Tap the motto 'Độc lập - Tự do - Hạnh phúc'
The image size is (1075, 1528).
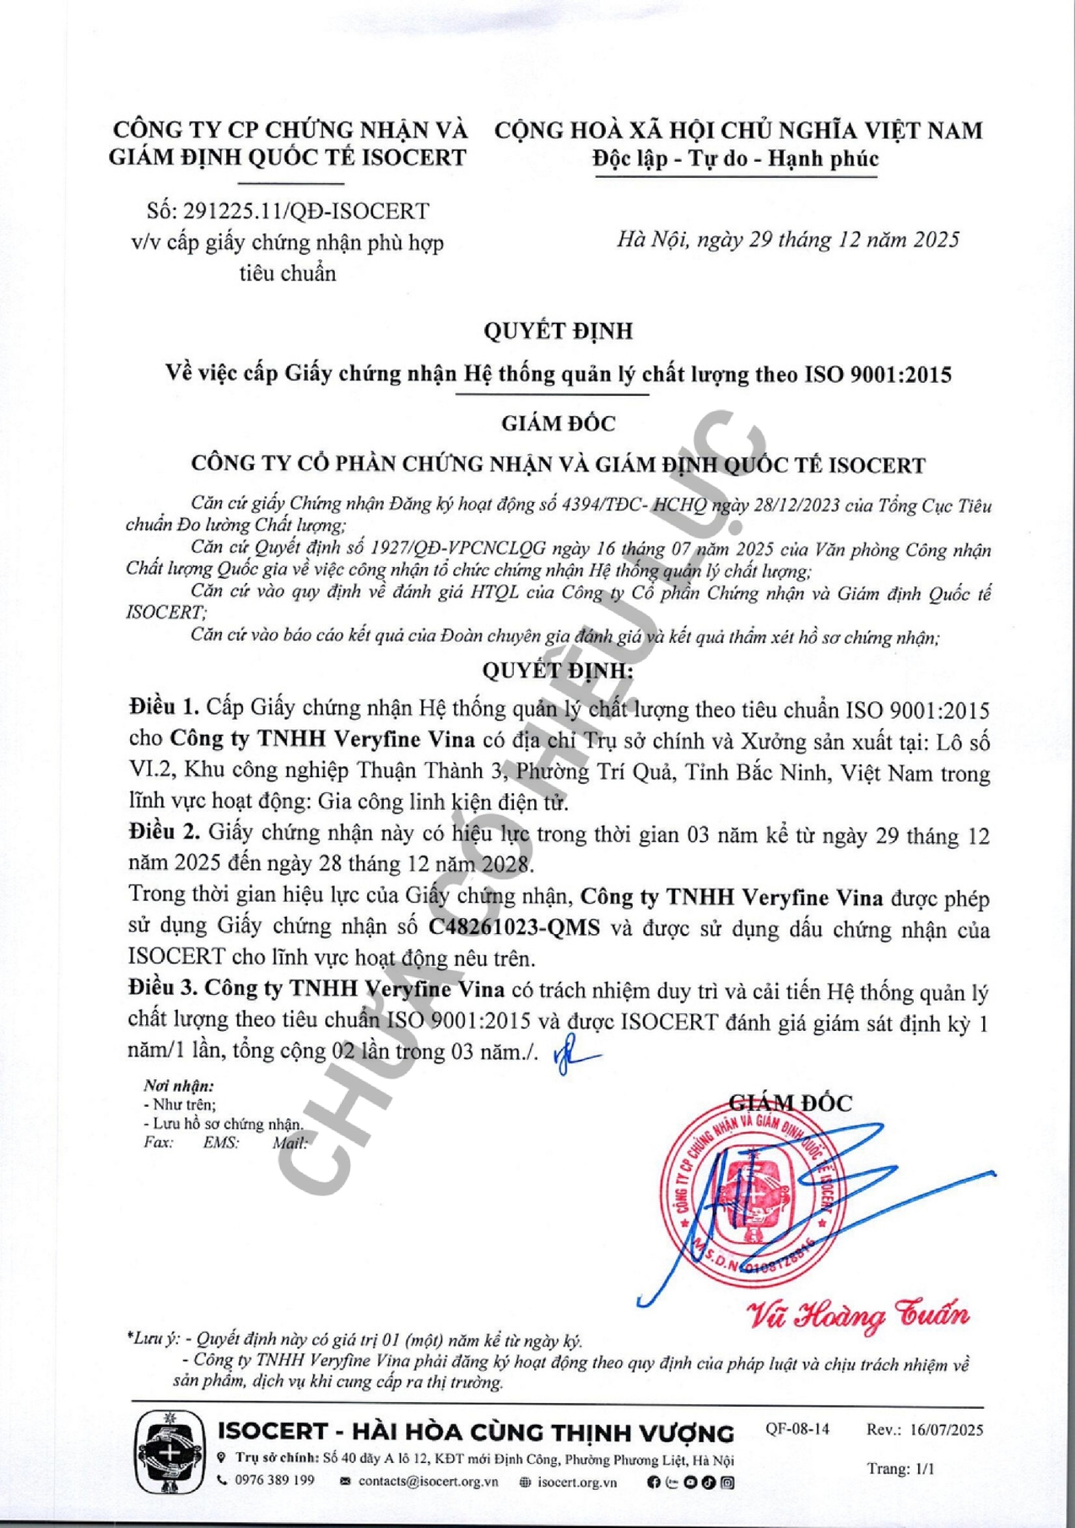click(x=735, y=159)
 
